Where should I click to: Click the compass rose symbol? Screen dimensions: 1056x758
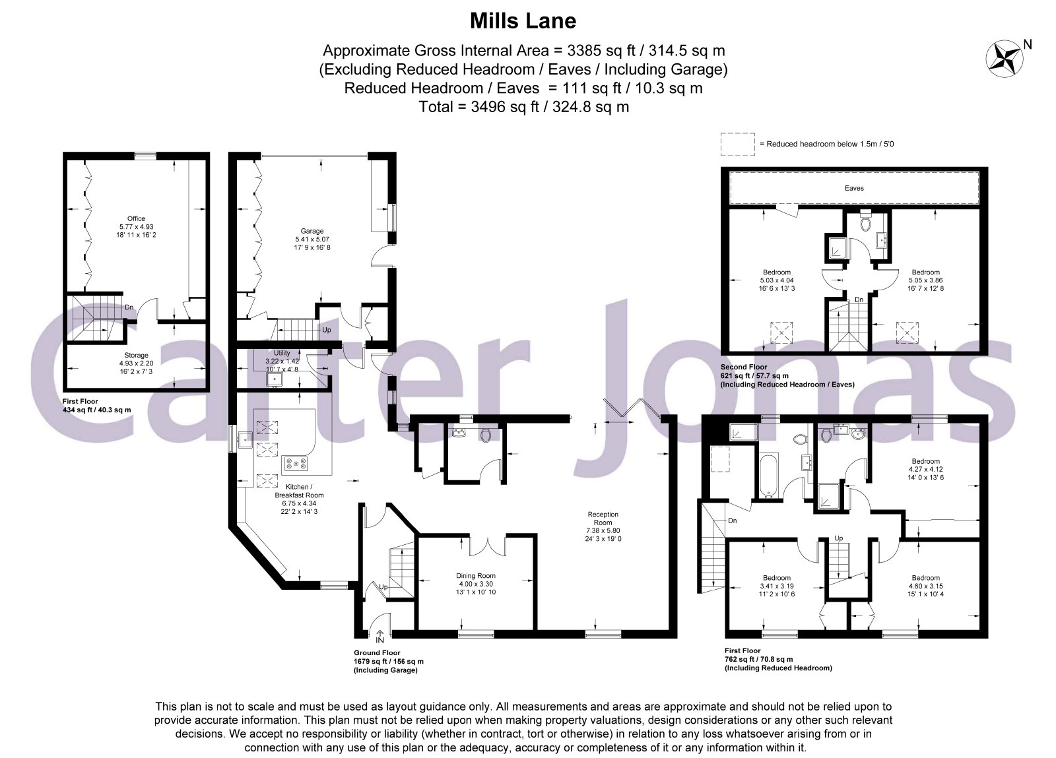click(1004, 59)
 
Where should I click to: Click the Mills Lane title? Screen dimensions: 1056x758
click(523, 20)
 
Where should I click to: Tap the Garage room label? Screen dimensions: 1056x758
click(312, 231)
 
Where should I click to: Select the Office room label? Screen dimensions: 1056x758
click(136, 218)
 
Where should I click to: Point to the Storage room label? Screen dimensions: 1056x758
click(136, 355)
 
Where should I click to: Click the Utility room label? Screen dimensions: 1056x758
click(282, 353)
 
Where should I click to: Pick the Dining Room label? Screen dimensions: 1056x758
click(476, 576)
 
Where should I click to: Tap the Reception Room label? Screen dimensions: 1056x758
click(603, 519)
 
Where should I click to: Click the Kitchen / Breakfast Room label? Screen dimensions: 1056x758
click(299, 491)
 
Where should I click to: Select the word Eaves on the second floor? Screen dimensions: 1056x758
click(854, 188)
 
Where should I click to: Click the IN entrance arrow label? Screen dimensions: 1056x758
click(380, 640)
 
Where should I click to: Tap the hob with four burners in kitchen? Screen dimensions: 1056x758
click(295, 464)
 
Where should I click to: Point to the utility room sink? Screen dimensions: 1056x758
click(274, 379)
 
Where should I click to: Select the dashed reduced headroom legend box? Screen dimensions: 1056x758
click(737, 144)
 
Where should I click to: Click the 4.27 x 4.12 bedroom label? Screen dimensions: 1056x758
click(925, 469)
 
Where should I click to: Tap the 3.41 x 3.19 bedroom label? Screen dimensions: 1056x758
click(776, 586)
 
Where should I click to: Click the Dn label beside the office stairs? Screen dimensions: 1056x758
click(129, 307)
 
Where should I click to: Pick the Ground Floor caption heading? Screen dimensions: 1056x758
click(377, 652)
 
